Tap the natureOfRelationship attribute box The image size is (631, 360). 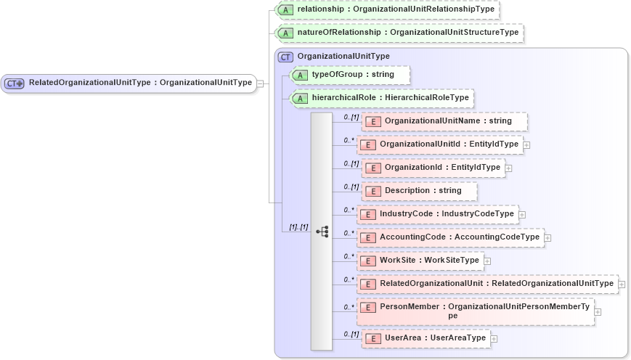[x=400, y=33]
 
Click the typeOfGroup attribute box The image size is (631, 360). [x=350, y=75]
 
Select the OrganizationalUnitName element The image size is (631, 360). [x=444, y=121]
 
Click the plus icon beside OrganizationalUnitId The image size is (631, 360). [x=526, y=145]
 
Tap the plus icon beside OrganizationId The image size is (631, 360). [x=508, y=168]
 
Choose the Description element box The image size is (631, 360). [x=419, y=191]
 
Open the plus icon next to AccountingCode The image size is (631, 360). [x=547, y=237]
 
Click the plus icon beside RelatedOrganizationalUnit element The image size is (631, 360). [x=622, y=284]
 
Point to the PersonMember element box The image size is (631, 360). [x=475, y=311]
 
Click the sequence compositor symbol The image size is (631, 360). [x=322, y=232]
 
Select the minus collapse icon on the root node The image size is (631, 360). [x=260, y=83]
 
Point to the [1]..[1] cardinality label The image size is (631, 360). [x=298, y=226]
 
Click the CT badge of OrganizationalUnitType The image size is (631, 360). [x=286, y=57]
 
